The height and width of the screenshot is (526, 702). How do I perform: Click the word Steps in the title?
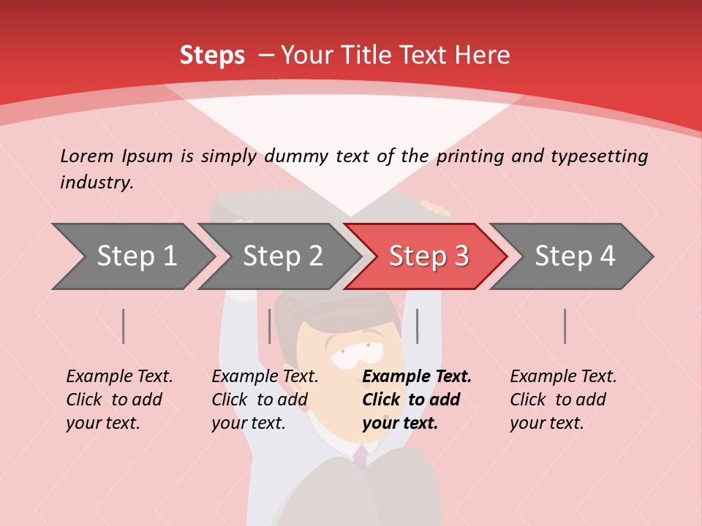212,56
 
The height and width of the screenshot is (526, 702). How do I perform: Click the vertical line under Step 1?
124,326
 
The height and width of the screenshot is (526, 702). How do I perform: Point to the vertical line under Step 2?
270,326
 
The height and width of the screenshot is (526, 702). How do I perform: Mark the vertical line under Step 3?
417,326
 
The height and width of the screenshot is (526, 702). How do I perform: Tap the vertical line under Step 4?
565,326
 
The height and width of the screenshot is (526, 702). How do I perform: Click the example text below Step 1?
119,400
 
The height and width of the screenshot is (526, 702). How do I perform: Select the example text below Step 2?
265,400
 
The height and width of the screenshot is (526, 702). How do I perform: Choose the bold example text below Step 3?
416,400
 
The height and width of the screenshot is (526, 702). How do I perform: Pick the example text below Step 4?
563,400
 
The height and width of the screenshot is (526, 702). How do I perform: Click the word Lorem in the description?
87,156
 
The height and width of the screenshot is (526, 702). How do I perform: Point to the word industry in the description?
97,183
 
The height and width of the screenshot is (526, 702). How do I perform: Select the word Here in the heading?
482,56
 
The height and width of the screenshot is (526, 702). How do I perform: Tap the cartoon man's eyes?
352,351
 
